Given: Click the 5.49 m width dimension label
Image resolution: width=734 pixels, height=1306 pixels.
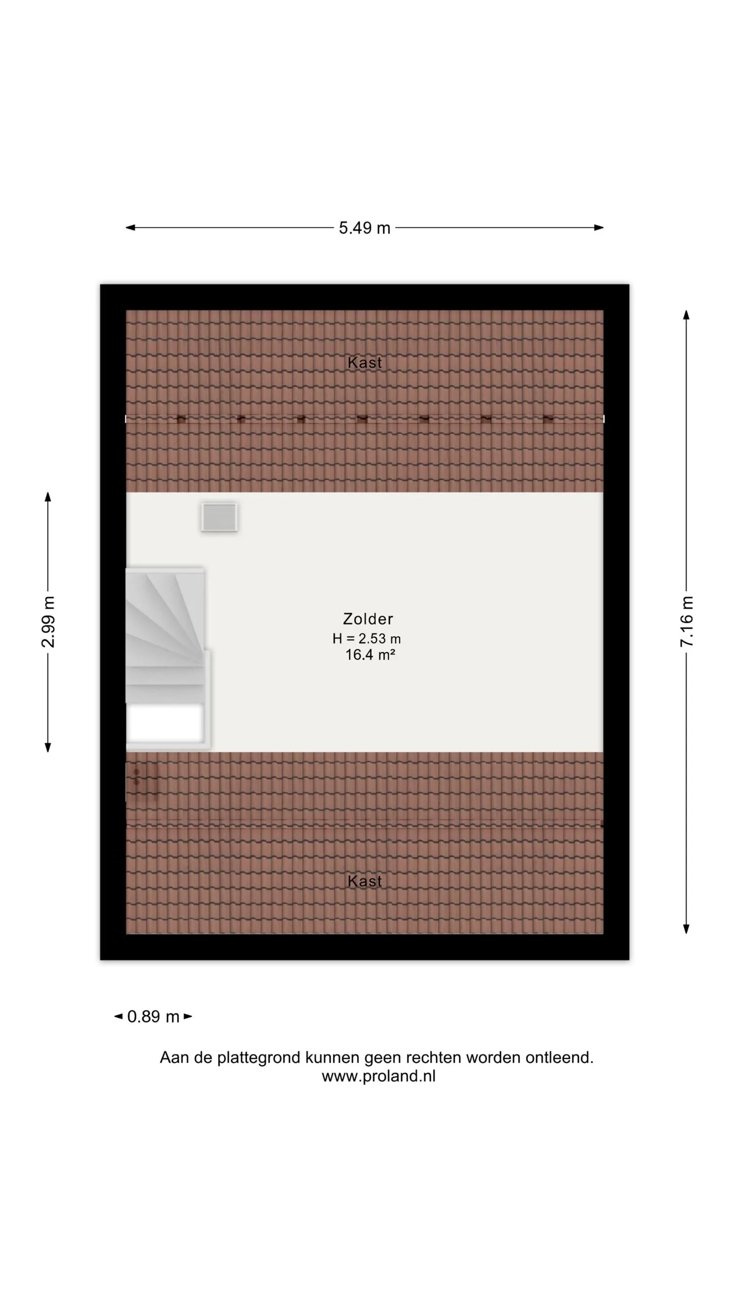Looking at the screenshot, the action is (x=364, y=228).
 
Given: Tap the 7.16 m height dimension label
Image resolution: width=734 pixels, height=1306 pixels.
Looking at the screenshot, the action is (x=687, y=621).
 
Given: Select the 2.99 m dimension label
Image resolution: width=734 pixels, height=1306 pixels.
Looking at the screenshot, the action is (x=48, y=622).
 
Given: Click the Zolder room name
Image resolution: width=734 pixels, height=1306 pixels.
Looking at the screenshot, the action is (x=368, y=619).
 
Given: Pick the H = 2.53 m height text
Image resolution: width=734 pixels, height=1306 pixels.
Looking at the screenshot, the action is (x=366, y=639).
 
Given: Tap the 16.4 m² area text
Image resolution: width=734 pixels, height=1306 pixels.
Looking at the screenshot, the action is (x=371, y=655).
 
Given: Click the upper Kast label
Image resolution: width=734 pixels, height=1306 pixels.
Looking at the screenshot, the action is (x=364, y=363).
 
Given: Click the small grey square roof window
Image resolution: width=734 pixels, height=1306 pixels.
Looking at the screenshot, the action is (x=219, y=517).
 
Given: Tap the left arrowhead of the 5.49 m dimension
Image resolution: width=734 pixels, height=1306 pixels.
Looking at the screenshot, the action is (x=130, y=228).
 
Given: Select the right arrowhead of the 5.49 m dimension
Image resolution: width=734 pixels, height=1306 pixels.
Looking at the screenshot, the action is (x=599, y=228).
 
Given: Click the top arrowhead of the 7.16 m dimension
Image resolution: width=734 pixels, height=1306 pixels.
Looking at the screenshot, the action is (x=687, y=315).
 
